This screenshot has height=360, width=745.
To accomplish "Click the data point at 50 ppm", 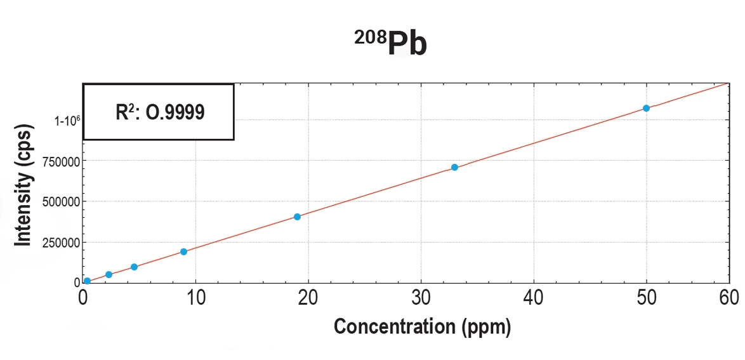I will click(x=646, y=108).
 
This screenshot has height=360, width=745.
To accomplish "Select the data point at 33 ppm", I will click(x=454, y=167).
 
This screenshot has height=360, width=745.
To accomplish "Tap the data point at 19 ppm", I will click(x=297, y=217).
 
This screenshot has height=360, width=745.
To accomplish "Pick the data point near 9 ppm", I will click(x=183, y=251).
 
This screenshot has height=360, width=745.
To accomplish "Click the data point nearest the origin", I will click(x=87, y=281).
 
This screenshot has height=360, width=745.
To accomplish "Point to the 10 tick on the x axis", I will click(x=196, y=297).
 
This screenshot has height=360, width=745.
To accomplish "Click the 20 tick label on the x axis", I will click(x=308, y=297).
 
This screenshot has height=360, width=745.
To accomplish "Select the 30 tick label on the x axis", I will click(x=421, y=297).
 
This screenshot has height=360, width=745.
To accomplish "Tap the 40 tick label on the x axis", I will click(x=534, y=297).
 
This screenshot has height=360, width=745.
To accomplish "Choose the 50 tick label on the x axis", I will click(x=647, y=297).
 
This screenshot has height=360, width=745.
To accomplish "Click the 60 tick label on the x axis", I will click(x=729, y=297).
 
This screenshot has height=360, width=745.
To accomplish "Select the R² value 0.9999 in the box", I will click(x=176, y=112).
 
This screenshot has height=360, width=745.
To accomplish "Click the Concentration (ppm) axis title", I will click(x=422, y=326).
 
